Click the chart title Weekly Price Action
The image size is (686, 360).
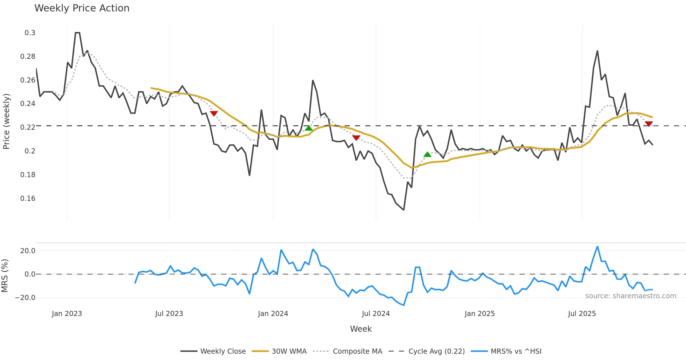point(82,8)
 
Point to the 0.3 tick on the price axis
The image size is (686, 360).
point(30,33)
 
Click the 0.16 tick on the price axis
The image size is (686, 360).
point(28,199)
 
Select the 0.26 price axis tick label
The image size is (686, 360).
point(28,80)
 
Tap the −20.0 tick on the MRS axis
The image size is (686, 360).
point(25,298)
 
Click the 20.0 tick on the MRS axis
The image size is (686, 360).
point(28,251)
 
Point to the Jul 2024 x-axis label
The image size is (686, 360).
point(376,314)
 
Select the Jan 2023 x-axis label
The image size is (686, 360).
point(67,314)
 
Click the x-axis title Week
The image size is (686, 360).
point(361,329)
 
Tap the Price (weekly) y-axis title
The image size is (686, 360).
point(6,121)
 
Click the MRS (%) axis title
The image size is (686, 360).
point(5,276)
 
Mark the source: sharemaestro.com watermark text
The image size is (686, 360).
point(631,296)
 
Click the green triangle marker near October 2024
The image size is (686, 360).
point(427,155)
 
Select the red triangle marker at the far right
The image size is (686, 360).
point(649,124)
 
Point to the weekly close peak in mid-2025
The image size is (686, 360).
point(597,51)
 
